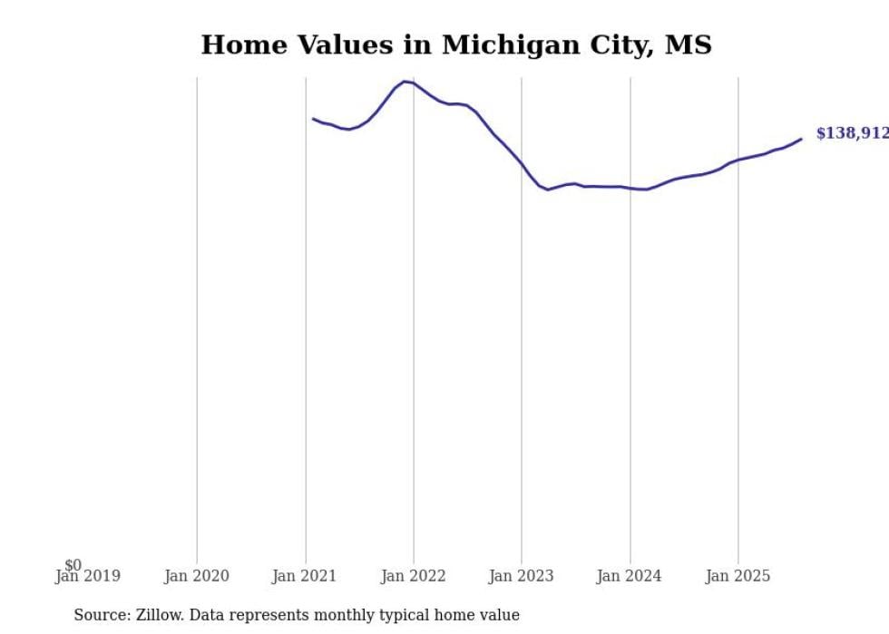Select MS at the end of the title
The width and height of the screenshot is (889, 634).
point(688,44)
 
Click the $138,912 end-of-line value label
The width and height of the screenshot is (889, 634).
point(852,133)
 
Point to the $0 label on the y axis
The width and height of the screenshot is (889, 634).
point(73,565)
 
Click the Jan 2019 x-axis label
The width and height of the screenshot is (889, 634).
point(87,576)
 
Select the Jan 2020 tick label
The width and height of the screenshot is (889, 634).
point(196,576)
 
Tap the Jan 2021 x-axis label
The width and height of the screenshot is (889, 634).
point(305,576)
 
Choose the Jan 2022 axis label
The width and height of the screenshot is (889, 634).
point(414,576)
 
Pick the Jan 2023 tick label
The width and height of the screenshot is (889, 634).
point(522,576)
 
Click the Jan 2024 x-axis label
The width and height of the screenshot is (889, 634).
point(630,576)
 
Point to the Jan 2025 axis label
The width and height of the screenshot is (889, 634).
point(738,576)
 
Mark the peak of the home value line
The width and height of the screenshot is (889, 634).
point(405,82)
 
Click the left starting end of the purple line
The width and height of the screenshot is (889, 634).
point(313,119)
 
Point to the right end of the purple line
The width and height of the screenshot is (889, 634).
point(801,139)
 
